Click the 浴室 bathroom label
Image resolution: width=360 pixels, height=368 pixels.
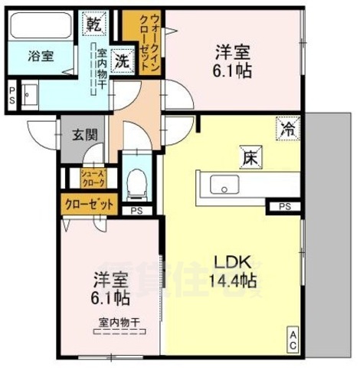pyautogui.click(x=38, y=56)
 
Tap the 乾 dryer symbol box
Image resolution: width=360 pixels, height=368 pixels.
pyautogui.click(x=93, y=24)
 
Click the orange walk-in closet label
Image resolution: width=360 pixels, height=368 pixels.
pyautogui.click(x=142, y=42)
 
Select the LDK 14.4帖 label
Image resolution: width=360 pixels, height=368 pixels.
pyautogui.click(x=232, y=269)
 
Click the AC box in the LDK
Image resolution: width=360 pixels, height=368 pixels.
pyautogui.click(x=293, y=340)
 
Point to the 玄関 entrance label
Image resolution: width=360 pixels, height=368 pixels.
pyautogui.click(x=84, y=136)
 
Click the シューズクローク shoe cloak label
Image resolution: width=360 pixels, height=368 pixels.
pyautogui.click(x=94, y=179)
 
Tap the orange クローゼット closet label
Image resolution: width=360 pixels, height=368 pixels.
pyautogui.click(x=90, y=205)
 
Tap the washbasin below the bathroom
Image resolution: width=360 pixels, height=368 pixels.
pyautogui.click(x=29, y=95)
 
